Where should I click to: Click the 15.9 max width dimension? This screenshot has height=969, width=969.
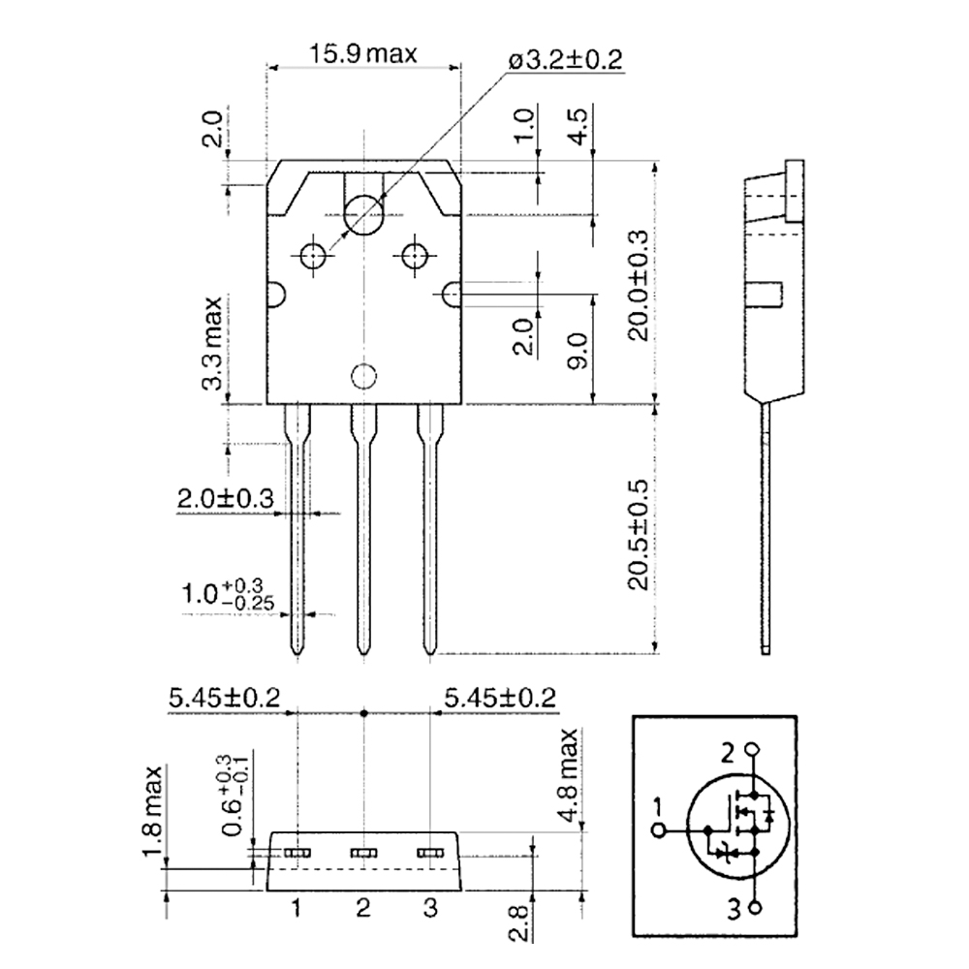pos(363,52)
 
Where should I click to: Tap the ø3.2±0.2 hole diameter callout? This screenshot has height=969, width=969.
pos(563,60)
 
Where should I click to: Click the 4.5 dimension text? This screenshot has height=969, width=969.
pos(578,126)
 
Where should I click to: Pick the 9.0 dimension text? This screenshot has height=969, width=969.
pos(578,350)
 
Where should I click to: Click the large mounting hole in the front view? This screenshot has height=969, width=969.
pos(364,214)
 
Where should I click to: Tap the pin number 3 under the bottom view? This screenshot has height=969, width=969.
pos(430,908)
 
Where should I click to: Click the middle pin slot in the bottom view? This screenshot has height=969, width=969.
pos(363,853)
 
